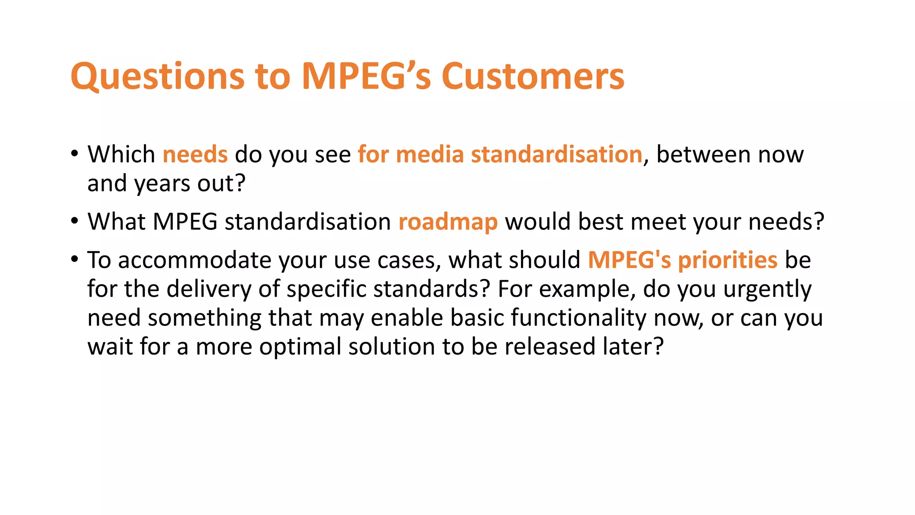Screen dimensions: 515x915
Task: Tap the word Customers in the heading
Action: point(533,77)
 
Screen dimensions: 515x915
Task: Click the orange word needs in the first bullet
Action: point(195,155)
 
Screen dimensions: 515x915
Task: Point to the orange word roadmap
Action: point(448,222)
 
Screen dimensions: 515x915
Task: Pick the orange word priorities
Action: point(728,260)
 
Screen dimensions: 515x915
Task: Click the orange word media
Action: point(430,155)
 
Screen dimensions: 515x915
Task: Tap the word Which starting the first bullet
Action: point(121,155)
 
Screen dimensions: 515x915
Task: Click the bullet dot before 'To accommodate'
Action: point(75,259)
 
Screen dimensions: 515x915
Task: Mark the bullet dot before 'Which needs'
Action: point(75,154)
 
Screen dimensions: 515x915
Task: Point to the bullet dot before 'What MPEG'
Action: point(75,221)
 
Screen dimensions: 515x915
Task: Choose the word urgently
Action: point(767,290)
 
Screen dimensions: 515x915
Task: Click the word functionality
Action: point(579,318)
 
